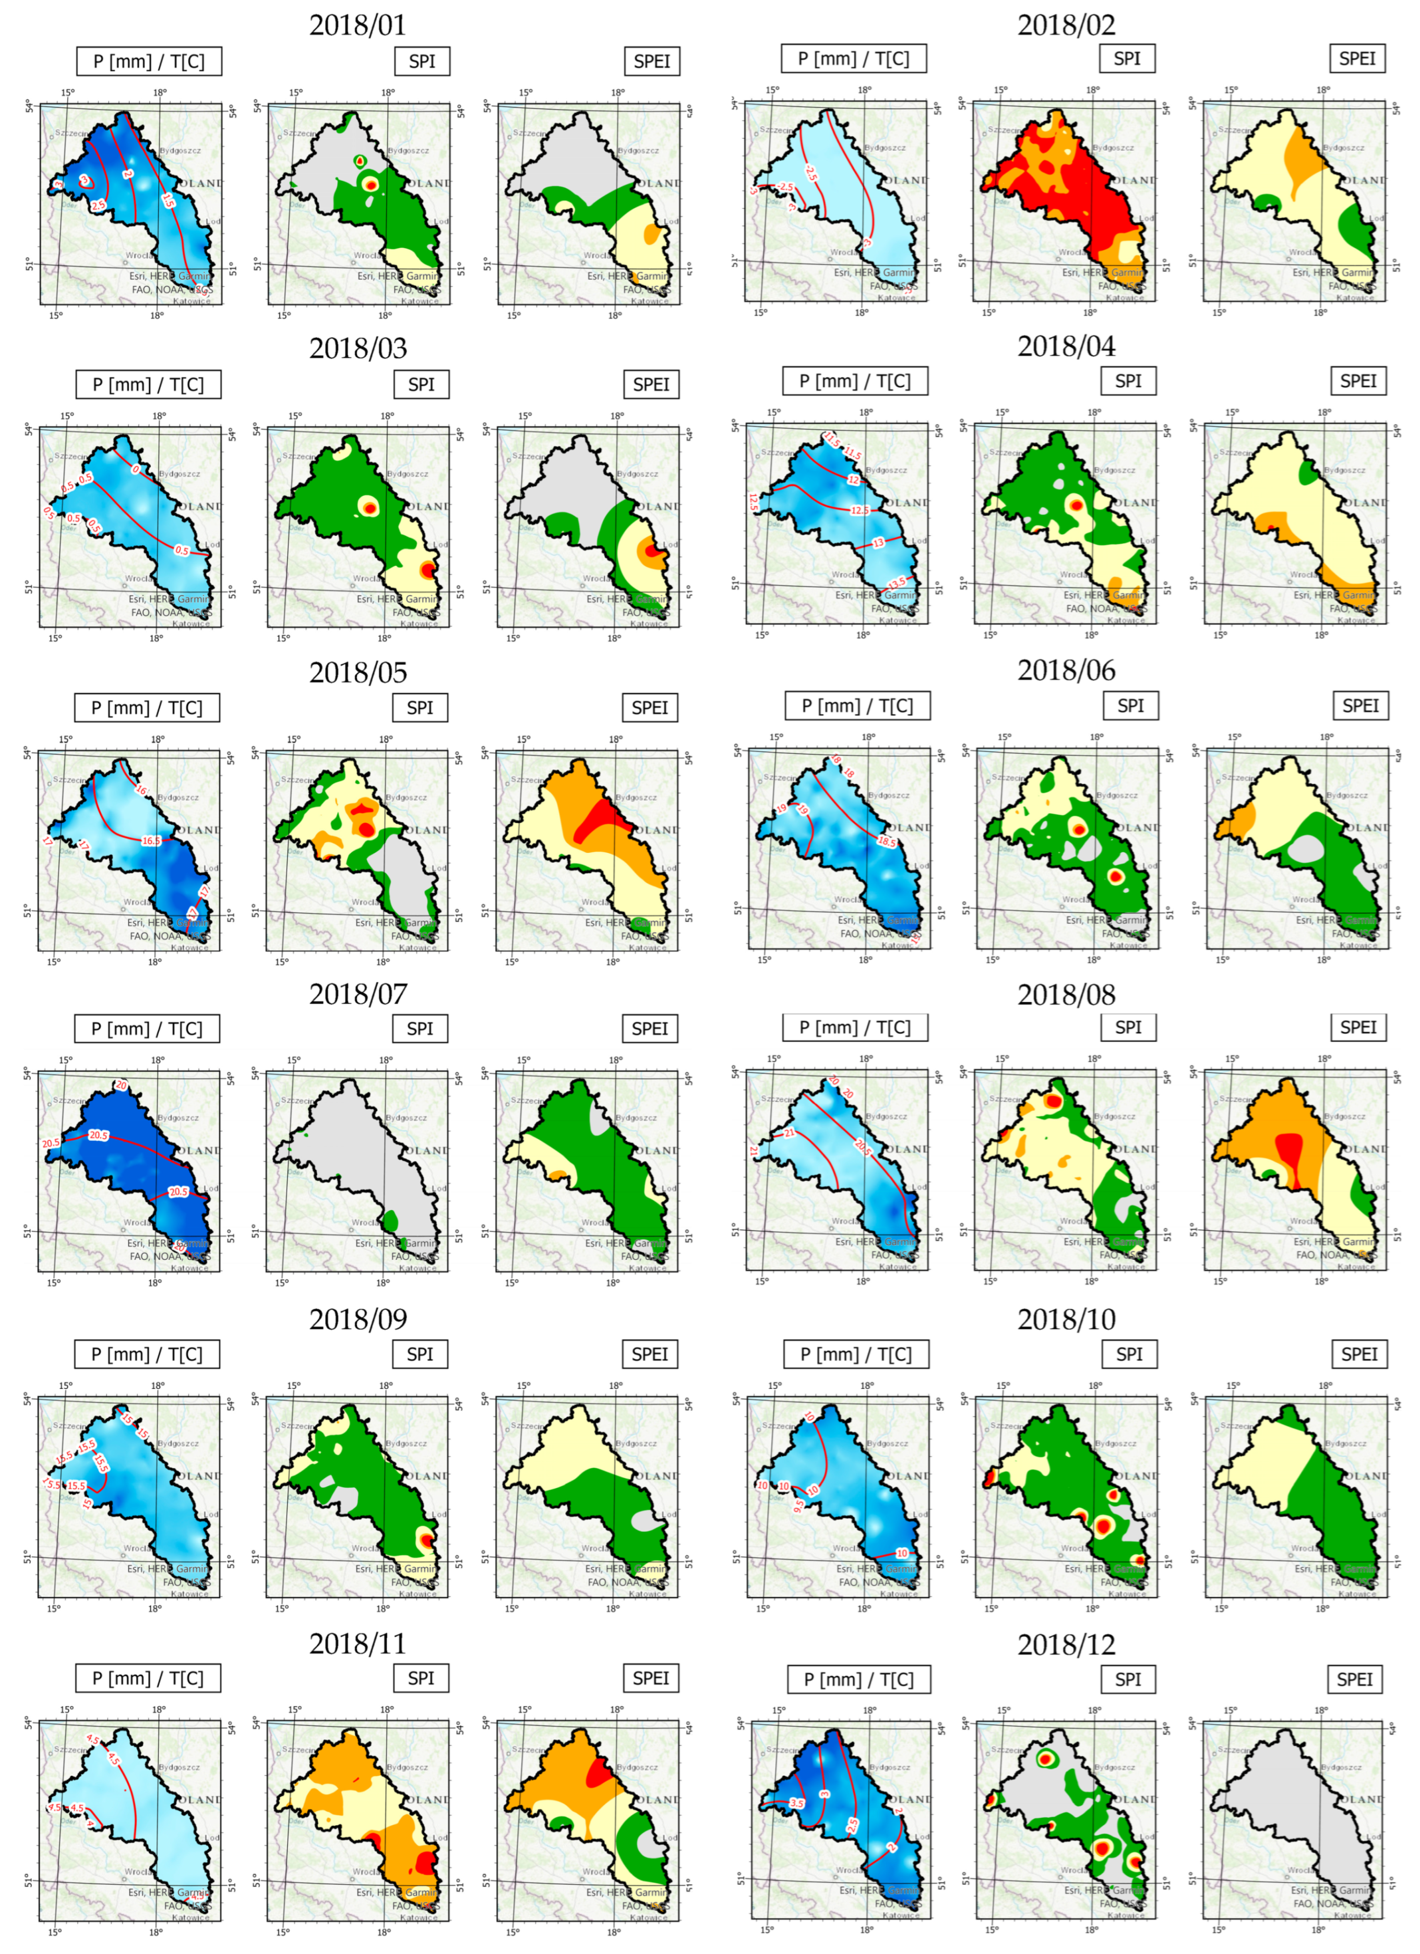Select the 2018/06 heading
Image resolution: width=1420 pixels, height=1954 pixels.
click(1066, 670)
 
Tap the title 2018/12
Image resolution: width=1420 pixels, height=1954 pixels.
click(1066, 1644)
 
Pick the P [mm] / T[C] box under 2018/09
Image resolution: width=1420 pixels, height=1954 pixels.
click(147, 1354)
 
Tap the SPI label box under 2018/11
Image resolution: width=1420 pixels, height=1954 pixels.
click(421, 1678)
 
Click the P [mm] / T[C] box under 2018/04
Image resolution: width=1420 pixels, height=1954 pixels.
click(855, 381)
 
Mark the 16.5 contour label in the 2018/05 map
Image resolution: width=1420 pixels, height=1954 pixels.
click(151, 841)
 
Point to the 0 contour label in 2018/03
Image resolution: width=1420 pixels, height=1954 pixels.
click(135, 470)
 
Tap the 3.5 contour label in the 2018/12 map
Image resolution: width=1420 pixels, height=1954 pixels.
click(797, 1803)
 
